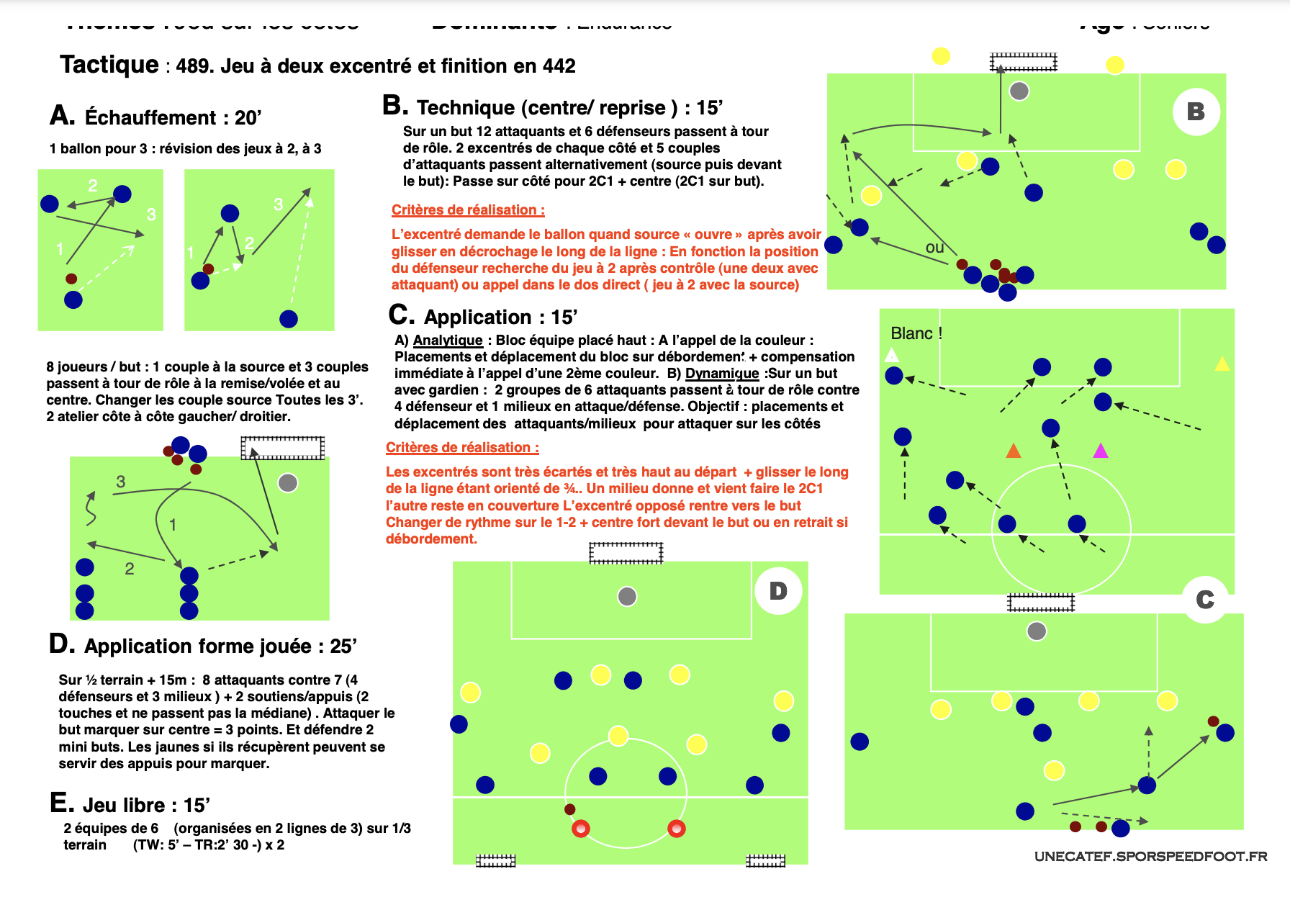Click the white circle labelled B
pyautogui.click(x=1196, y=112)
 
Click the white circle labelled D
pyautogui.click(x=778, y=591)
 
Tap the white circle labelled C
pyautogui.click(x=1205, y=600)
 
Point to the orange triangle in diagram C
pyautogui.click(x=1014, y=451)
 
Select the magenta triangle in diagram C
pyautogui.click(x=1101, y=451)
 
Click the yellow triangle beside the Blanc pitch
pyautogui.click(x=1222, y=364)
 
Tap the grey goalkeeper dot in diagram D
pyautogui.click(x=627, y=596)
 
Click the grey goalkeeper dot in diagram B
pyautogui.click(x=1019, y=91)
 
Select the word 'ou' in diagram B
pyautogui.click(x=934, y=248)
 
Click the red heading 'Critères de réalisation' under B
pyautogui.click(x=468, y=210)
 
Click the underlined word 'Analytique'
pyautogui.click(x=448, y=340)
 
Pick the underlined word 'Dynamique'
pyautogui.click(x=721, y=373)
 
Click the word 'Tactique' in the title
pyautogui.click(x=109, y=65)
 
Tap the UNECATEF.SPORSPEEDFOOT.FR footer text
pyautogui.click(x=1150, y=856)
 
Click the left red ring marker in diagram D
pyautogui.click(x=581, y=829)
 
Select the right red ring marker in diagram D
pyautogui.click(x=676, y=829)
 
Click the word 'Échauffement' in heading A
pyautogui.click(x=150, y=117)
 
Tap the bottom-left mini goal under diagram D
pyautogui.click(x=496, y=860)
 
